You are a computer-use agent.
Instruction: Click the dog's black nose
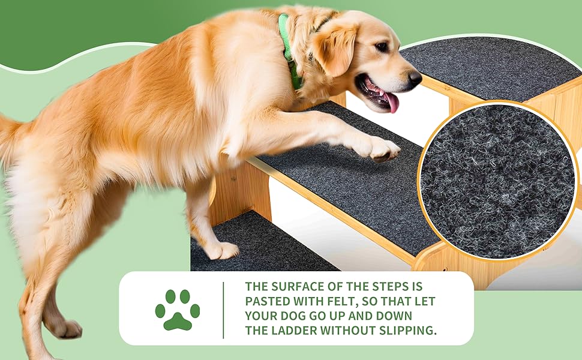(415, 78)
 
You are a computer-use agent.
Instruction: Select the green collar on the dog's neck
(290, 52)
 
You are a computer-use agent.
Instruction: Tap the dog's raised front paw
(379, 148)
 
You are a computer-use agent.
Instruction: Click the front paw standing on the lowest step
(222, 251)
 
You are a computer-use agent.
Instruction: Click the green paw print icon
(178, 310)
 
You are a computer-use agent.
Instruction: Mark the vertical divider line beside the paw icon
(223, 310)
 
